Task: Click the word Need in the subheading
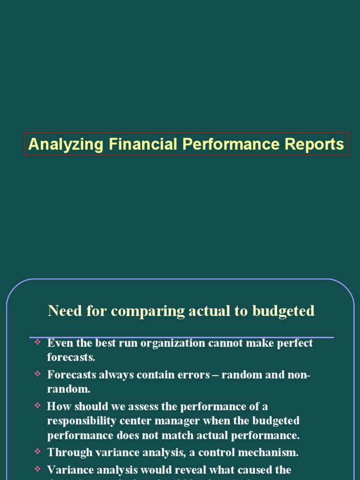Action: point(63,311)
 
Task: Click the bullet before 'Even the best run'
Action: point(37,343)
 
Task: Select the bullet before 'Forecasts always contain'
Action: point(37,374)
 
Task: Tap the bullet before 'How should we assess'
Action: point(37,405)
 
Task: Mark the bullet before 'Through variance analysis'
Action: point(37,452)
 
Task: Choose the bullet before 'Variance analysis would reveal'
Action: point(37,469)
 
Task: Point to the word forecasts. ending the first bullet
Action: point(71,357)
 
